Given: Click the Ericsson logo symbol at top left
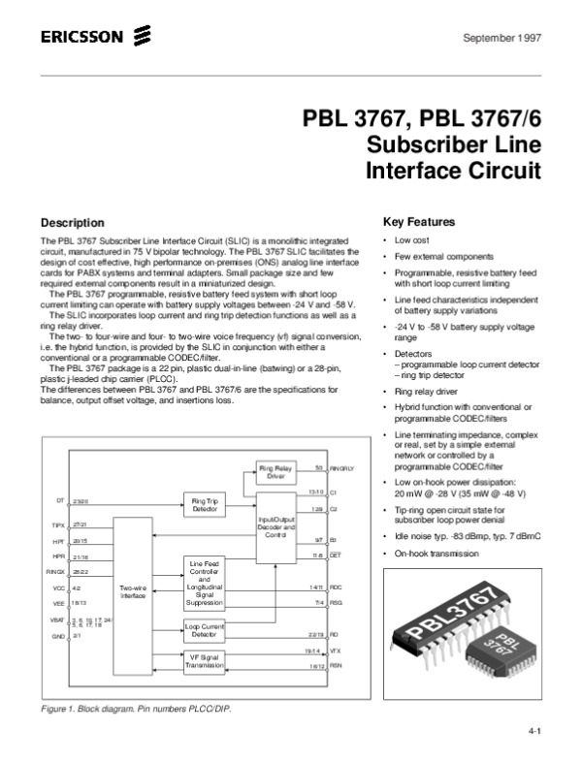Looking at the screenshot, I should (x=143, y=38).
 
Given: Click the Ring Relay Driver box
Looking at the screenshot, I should (x=275, y=472).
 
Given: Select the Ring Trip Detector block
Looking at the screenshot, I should (x=205, y=503).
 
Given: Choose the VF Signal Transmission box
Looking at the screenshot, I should (x=205, y=661).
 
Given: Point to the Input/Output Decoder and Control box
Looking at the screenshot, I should (x=275, y=527).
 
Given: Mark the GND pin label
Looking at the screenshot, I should (x=58, y=636).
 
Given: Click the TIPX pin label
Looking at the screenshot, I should (x=57, y=524).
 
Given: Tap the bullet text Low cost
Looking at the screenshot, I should (x=413, y=238).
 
